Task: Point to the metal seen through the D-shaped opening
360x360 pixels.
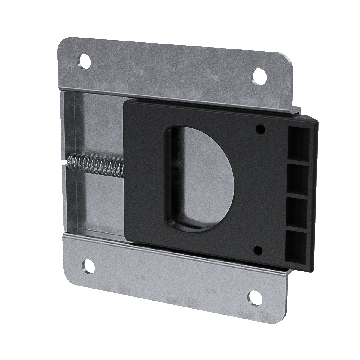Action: [x=207, y=168]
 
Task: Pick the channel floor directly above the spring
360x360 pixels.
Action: [x=96, y=126]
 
